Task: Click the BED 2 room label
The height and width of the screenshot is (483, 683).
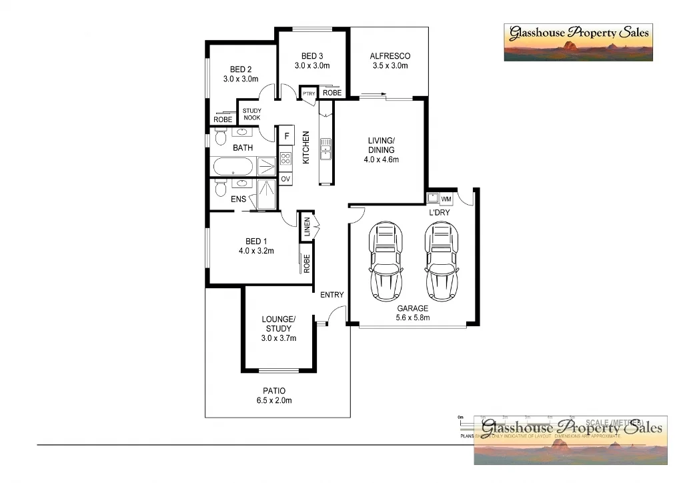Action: (x=241, y=69)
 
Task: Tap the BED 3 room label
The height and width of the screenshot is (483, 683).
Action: (x=312, y=56)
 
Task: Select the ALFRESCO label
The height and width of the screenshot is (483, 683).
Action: (x=390, y=56)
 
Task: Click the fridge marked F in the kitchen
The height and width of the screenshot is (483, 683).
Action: (x=286, y=136)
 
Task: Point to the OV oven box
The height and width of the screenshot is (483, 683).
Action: (x=285, y=179)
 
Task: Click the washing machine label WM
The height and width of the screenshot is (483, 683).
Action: (x=446, y=199)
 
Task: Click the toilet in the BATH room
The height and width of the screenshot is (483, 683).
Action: (x=221, y=137)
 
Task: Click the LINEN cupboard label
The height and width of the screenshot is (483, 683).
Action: (x=307, y=227)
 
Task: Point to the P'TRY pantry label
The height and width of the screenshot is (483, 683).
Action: (x=309, y=94)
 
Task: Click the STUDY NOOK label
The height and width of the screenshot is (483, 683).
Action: (x=251, y=114)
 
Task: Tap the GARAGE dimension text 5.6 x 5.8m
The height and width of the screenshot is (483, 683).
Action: (x=413, y=318)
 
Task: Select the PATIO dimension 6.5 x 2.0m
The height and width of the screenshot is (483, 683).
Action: (x=274, y=400)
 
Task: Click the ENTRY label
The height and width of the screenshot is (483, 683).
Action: (x=331, y=295)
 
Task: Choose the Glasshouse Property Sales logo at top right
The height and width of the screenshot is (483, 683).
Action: (x=578, y=42)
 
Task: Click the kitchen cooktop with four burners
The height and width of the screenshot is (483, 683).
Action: (x=285, y=158)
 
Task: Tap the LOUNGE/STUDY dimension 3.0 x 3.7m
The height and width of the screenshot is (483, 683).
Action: (x=278, y=338)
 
